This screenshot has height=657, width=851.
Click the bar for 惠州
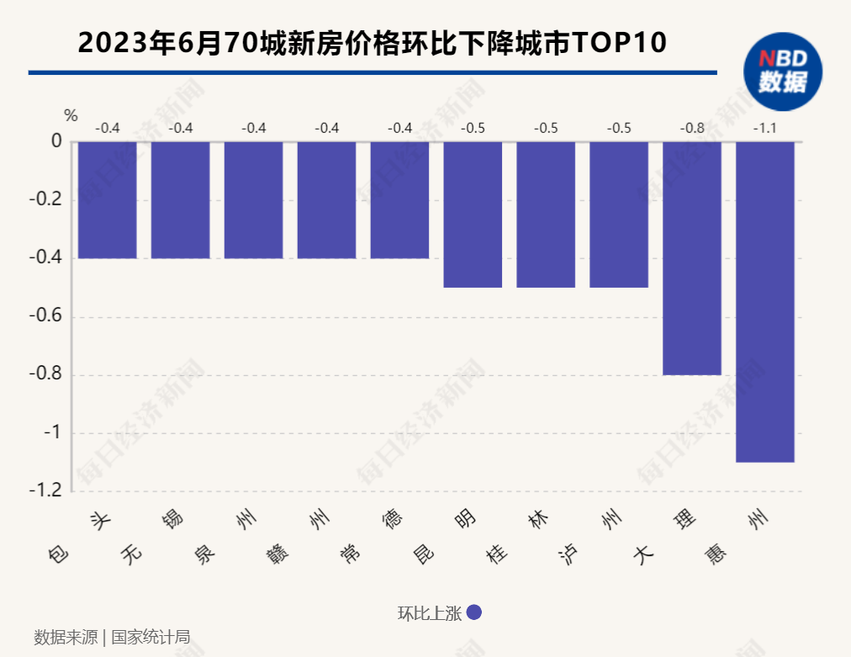tap(764, 301)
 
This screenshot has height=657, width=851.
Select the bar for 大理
tap(691, 257)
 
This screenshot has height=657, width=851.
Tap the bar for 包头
tap(107, 199)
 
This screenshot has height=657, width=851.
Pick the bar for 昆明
tap(473, 214)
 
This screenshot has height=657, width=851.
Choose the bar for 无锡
tap(180, 199)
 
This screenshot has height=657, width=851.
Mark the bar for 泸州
tap(619, 214)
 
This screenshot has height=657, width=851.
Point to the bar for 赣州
tap(326, 199)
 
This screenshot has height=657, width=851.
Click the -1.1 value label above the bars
tap(764, 129)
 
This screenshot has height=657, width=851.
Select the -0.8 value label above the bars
tap(692, 129)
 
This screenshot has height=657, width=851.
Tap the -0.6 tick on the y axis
tap(46, 316)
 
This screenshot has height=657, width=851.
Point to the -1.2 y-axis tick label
tap(46, 490)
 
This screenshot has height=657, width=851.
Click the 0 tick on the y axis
tap(56, 141)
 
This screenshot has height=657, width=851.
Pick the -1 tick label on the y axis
tap(52, 432)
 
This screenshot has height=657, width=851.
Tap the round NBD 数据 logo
tap(782, 71)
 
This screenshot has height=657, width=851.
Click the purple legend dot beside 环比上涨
tap(473, 613)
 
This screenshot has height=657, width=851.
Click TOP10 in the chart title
tap(619, 42)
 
